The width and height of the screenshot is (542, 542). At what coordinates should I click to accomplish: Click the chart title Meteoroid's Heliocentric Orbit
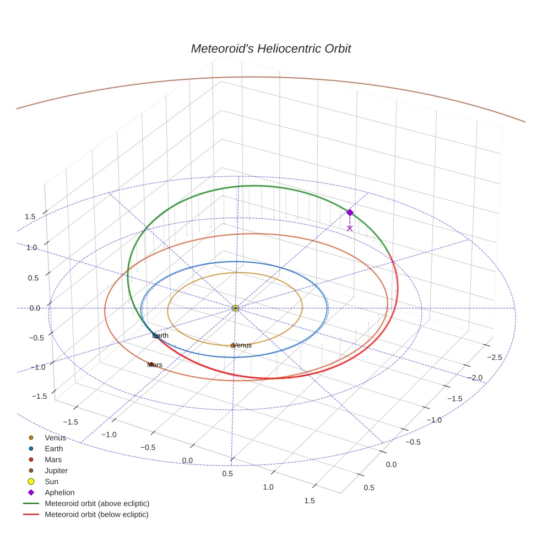pos(270,48)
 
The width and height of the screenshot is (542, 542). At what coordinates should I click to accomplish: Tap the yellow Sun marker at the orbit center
pos(235,308)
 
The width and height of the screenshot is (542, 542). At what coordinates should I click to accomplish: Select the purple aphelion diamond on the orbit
pos(350,213)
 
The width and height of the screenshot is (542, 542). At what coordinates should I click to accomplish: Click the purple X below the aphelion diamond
pos(350,227)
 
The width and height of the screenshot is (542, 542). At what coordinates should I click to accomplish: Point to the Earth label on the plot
pos(160,335)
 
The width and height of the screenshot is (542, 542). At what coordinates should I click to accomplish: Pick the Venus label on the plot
pos(242,345)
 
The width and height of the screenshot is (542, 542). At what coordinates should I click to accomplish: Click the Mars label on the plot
pos(155,365)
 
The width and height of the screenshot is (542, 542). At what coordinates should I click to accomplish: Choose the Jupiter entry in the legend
pos(56,470)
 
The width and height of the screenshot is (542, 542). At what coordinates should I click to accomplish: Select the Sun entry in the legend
pos(51,481)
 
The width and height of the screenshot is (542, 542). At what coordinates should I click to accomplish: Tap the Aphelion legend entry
pos(59,492)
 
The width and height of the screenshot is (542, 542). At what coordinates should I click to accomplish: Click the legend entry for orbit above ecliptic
pos(97,503)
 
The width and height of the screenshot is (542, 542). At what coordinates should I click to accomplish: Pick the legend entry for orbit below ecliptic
pos(96,514)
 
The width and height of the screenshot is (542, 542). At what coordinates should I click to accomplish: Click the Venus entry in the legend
pos(55,438)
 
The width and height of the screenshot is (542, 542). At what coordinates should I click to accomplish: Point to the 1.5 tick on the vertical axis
pos(30,216)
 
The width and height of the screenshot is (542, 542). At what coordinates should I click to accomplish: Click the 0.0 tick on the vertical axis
pos(35,308)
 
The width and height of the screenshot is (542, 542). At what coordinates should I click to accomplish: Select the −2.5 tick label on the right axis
pos(494,357)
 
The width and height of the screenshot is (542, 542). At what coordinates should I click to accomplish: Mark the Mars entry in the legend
pos(53,459)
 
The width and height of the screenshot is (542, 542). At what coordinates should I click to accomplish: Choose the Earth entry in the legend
pos(54,449)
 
